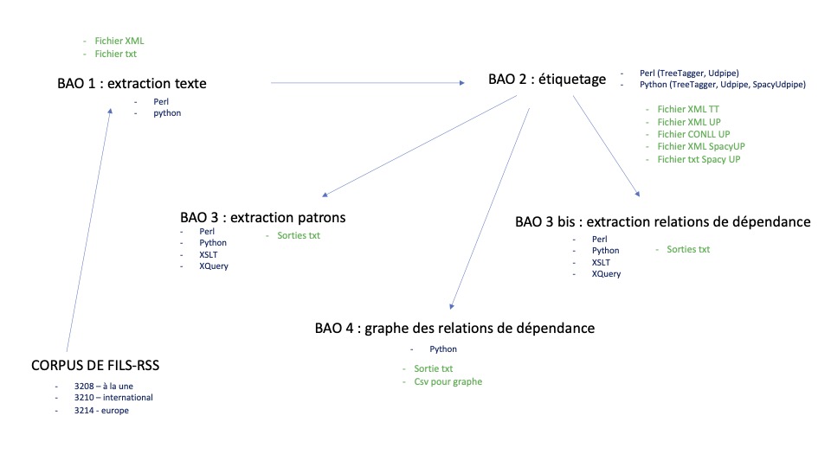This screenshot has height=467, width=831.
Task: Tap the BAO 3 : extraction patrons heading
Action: tap(268, 217)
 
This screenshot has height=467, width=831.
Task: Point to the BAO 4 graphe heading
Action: tap(454, 329)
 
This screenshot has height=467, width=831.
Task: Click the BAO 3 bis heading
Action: tap(662, 222)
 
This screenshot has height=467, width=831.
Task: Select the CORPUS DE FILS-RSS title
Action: tap(94, 366)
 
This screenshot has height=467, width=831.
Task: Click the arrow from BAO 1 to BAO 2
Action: tap(367, 83)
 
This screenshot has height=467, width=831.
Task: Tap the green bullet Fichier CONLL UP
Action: tap(693, 135)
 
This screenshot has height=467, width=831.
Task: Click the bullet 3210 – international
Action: tap(113, 398)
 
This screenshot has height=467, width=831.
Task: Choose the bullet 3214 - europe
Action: tap(101, 411)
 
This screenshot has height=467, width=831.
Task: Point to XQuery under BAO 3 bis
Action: tap(606, 274)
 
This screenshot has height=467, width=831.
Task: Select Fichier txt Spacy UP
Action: tap(699, 159)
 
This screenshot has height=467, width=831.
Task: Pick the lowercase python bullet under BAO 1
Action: tap(167, 113)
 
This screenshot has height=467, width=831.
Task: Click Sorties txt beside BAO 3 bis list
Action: tap(687, 249)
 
